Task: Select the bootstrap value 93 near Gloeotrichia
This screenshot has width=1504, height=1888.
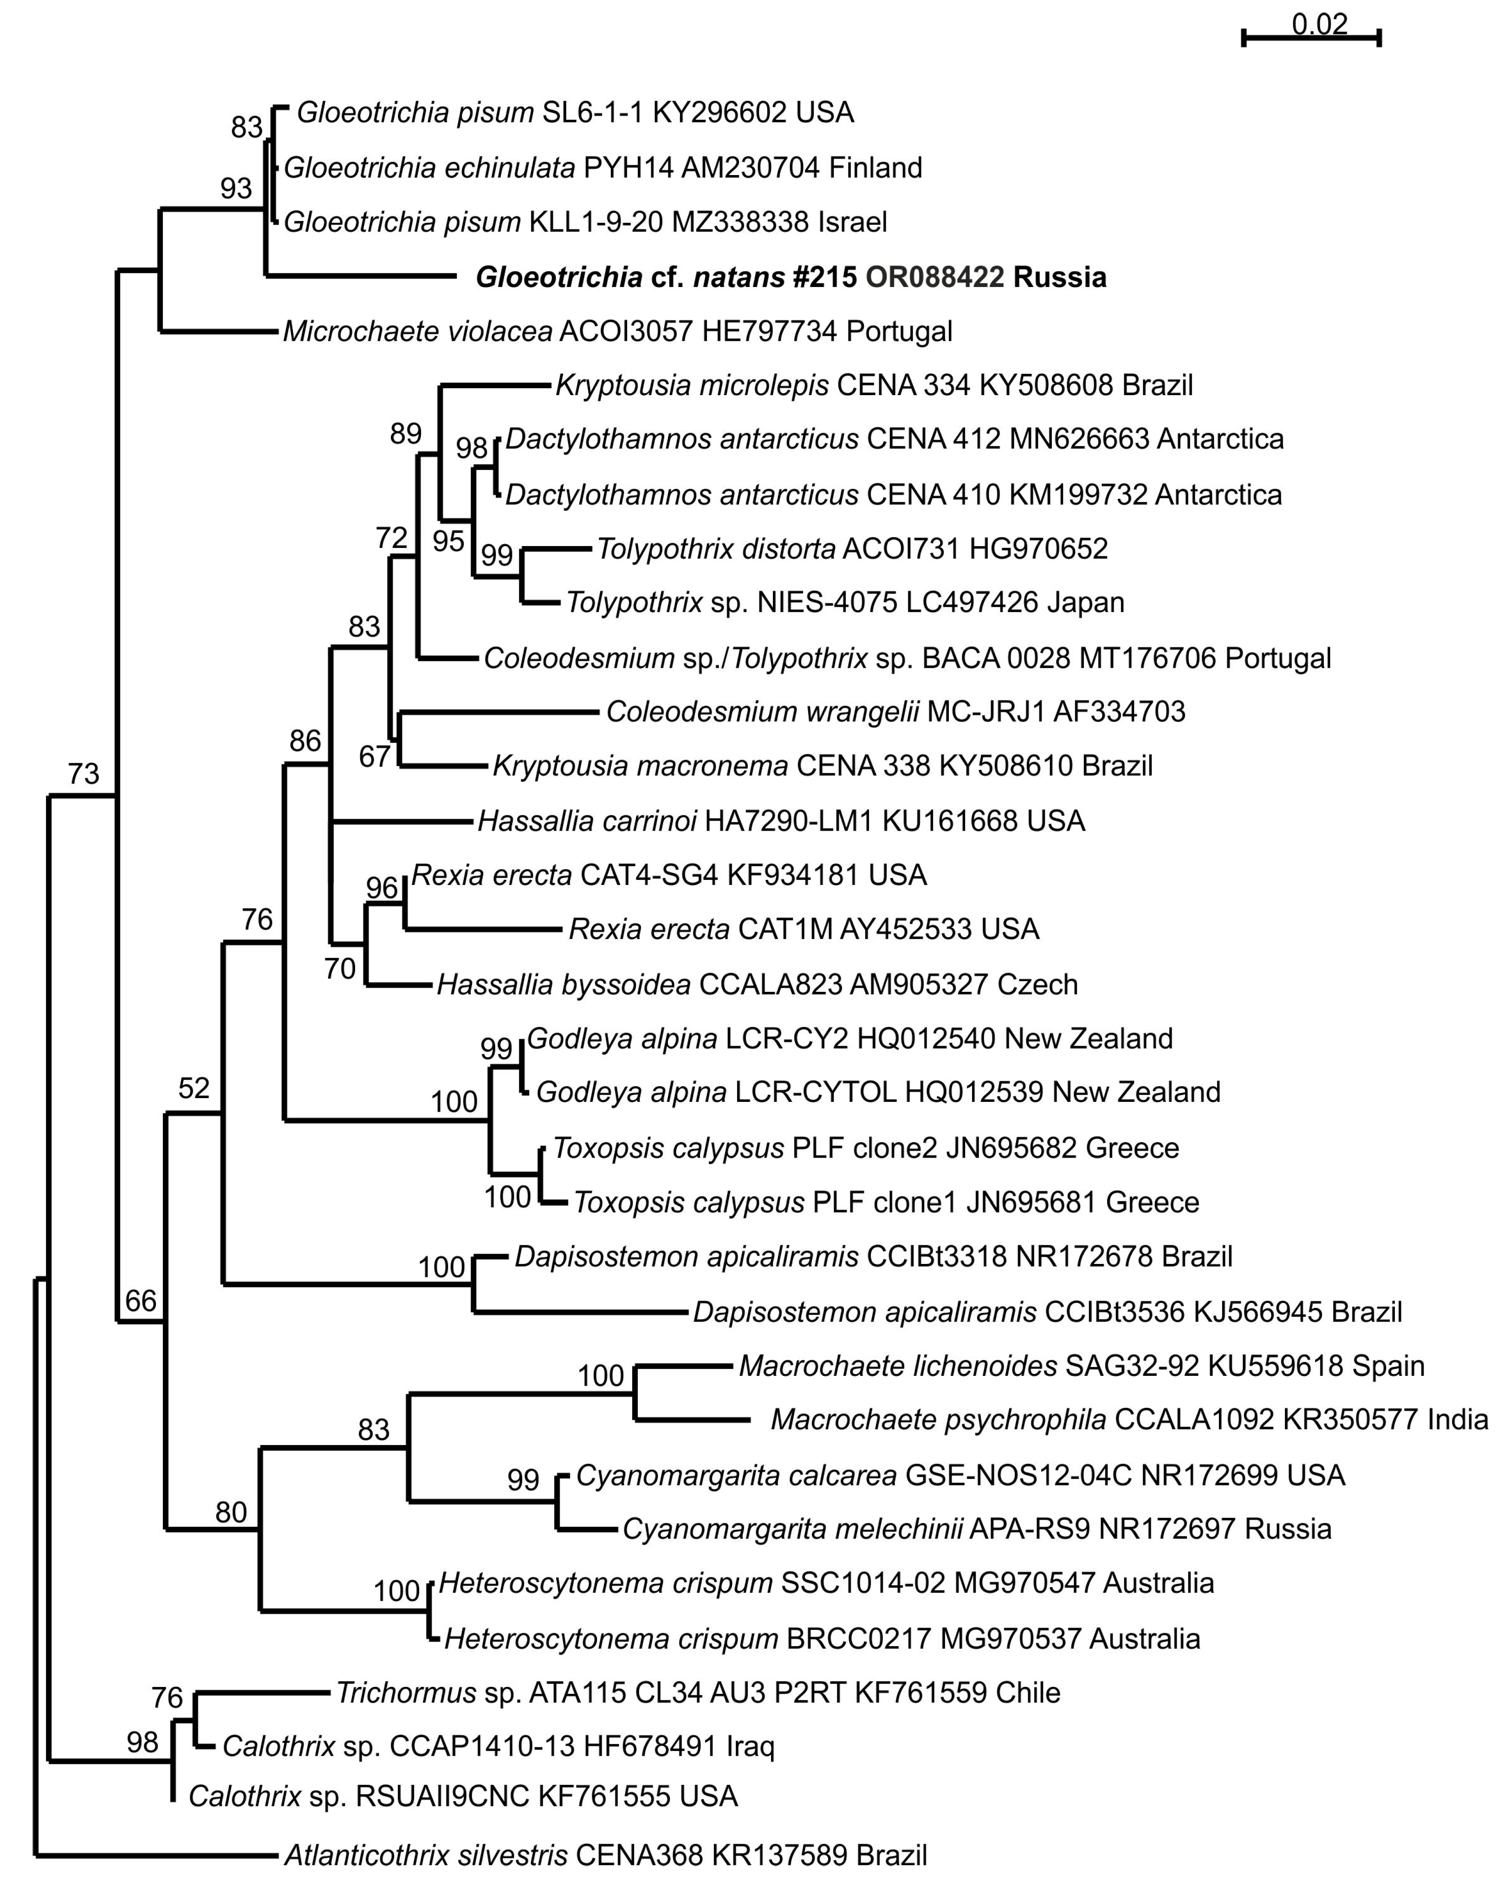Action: point(235,188)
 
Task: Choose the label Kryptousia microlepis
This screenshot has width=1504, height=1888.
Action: point(692,385)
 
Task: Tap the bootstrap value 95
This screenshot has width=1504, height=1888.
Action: point(448,541)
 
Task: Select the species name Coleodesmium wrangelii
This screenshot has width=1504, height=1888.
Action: point(762,712)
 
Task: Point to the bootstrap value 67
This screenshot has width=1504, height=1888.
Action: point(375,756)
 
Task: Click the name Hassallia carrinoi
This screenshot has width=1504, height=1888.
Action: point(587,821)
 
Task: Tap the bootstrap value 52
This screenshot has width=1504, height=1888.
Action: point(194,1088)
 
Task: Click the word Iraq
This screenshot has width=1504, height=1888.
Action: point(750,1747)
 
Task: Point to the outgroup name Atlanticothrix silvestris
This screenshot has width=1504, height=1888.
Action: point(426,1855)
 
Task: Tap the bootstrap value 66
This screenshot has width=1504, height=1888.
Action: point(140,1301)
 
